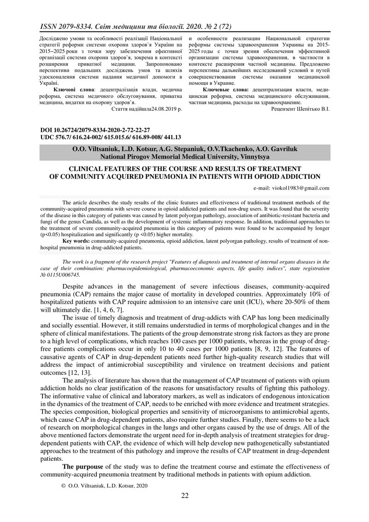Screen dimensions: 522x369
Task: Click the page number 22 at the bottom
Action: tap(184, 496)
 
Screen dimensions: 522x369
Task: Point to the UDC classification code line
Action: tap(111, 137)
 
